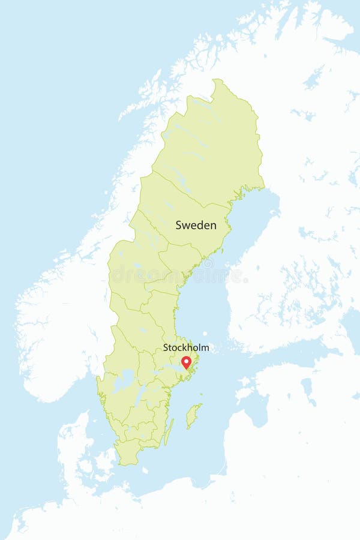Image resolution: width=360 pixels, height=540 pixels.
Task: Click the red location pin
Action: pyautogui.click(x=186, y=362)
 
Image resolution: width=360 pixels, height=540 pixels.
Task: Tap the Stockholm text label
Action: pyautogui.click(x=186, y=347)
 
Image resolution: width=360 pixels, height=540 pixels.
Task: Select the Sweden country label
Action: pyautogui.click(x=196, y=226)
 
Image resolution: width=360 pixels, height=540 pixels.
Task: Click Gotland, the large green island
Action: pyautogui.click(x=193, y=415)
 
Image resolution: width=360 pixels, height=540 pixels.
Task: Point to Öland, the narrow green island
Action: pyautogui.click(x=169, y=431)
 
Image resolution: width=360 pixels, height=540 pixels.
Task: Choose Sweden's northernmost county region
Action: pyautogui.click(x=207, y=144)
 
